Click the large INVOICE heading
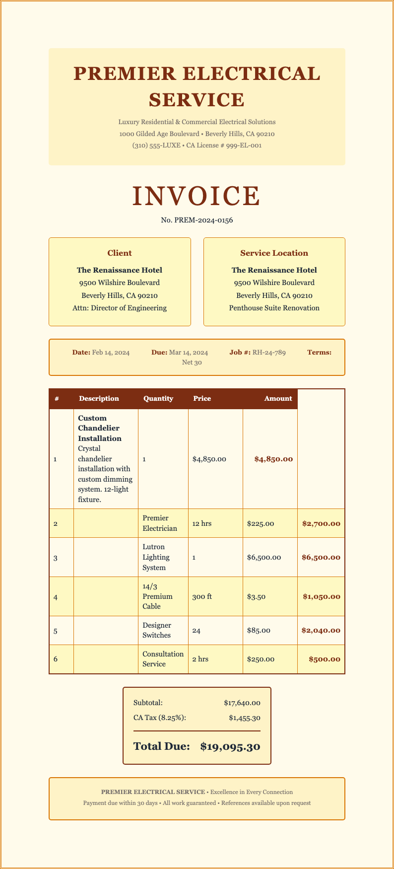197,196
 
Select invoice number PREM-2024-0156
197,220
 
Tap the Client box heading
120,253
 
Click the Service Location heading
274,253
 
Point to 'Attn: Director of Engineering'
120,308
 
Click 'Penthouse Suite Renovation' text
274,308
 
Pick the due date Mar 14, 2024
189,353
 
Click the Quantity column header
158,398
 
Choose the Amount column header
278,398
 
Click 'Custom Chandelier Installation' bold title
100,428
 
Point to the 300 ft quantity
202,596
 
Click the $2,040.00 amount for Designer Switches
321,630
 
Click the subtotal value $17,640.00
242,703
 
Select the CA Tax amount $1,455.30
245,718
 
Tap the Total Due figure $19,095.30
230,746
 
